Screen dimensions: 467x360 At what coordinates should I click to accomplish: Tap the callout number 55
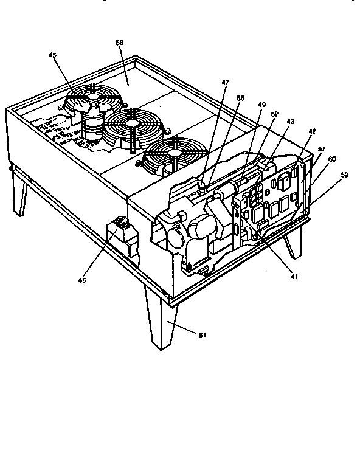(x=240, y=97)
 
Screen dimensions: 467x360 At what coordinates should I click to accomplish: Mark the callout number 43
(x=290, y=122)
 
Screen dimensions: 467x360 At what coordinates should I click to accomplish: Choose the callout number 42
(x=313, y=131)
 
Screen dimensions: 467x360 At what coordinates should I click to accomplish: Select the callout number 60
(x=332, y=159)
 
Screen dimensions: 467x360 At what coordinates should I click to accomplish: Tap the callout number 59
(x=345, y=176)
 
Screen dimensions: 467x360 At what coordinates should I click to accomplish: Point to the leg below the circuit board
(x=292, y=240)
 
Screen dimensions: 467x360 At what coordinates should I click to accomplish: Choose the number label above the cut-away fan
(x=53, y=55)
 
